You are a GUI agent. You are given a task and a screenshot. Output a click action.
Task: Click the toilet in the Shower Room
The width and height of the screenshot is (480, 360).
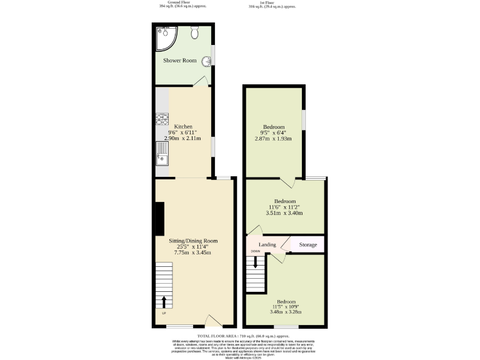195,33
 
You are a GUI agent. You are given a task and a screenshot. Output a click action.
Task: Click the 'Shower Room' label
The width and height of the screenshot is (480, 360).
180,61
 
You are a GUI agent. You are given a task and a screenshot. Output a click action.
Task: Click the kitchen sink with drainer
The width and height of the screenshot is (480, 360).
162,152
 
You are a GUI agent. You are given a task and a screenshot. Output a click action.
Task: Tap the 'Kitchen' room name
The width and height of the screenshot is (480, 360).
183,126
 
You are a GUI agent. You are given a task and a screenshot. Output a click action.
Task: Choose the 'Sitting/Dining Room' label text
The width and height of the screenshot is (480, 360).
193,241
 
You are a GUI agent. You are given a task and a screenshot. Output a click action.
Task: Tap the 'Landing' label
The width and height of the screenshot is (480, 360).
267,244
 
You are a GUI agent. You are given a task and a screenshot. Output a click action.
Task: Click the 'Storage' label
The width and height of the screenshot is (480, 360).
307,244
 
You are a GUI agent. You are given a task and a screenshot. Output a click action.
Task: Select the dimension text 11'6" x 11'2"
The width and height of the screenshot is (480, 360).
285,207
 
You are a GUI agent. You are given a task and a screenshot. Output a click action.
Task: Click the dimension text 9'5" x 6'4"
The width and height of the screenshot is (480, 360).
274,132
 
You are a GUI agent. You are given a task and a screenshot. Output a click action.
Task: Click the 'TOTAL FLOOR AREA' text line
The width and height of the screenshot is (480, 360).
240,336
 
